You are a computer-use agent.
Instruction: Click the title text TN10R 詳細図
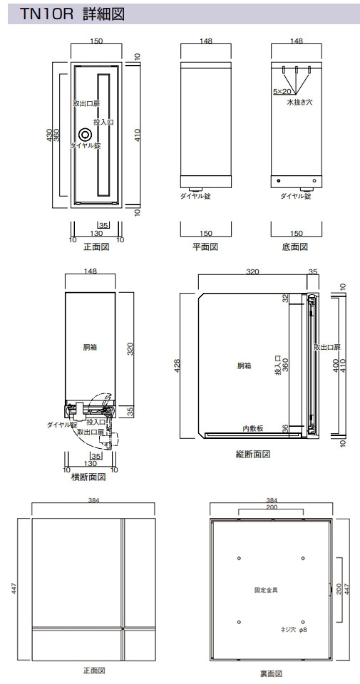(x=73, y=14)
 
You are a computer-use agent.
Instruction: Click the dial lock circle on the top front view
(x=85, y=135)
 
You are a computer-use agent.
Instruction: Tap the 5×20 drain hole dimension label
(x=282, y=92)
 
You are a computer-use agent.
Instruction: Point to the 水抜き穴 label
(x=299, y=103)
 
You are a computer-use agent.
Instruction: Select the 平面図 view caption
(x=205, y=247)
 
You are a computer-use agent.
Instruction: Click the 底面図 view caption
(x=295, y=247)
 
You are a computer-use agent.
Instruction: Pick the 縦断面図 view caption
(x=253, y=454)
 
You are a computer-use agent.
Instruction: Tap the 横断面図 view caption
(x=88, y=477)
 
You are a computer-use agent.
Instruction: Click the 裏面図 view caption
(x=272, y=674)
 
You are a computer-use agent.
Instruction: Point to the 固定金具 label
(x=266, y=590)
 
